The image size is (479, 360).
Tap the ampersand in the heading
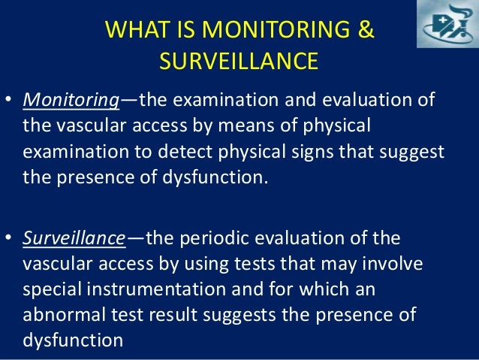point(366,31)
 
